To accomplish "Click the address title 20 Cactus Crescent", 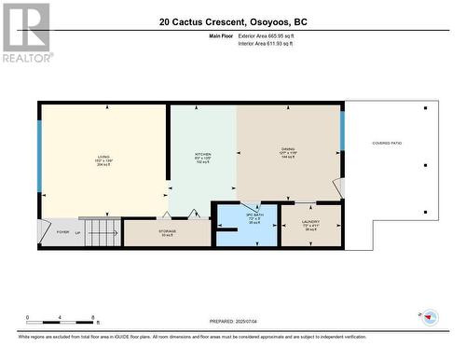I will tap(232, 21).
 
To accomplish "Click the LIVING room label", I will tap(103, 157).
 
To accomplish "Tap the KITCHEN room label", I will tap(202, 154).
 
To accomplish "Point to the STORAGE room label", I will tap(168, 232).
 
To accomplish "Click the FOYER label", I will tap(62, 232).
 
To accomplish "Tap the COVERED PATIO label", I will tap(387, 143).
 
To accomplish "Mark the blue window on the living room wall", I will tap(39, 150).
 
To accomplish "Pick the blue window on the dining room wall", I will tap(342, 131).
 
